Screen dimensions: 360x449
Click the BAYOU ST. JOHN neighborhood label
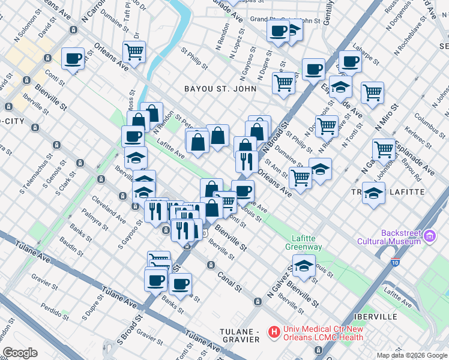pyautogui.click(x=220, y=89)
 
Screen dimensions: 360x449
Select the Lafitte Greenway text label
pyautogui.click(x=307, y=242)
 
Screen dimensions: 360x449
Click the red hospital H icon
pyautogui.click(x=274, y=331)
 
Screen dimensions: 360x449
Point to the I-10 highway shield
pyautogui.click(x=394, y=262)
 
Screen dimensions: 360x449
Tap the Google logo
pyautogui.click(x=19, y=353)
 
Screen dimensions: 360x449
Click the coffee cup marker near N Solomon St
pyautogui.click(x=73, y=59)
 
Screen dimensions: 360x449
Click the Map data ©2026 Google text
pyautogui.click(x=411, y=355)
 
